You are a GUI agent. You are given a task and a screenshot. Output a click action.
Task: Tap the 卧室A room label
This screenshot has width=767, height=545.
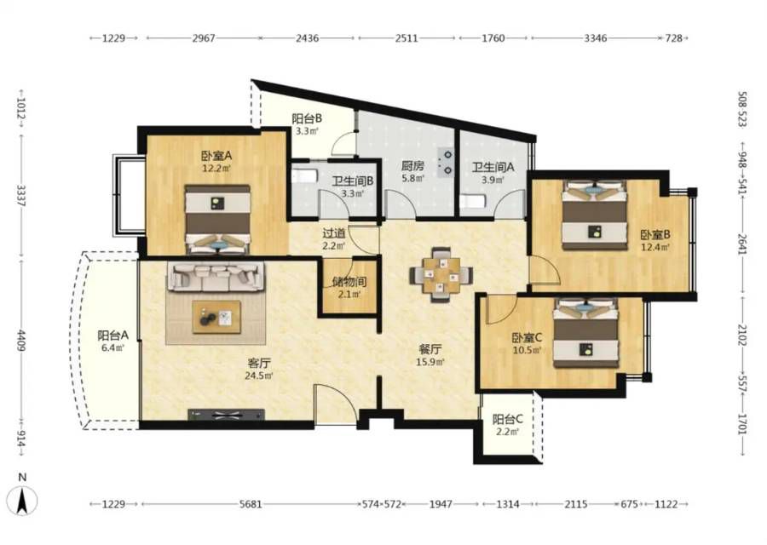coord(216,156)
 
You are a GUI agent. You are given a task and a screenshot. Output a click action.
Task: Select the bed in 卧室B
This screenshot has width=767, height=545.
coord(594,215)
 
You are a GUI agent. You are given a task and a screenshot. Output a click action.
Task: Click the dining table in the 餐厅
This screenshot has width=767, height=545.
coord(441,274)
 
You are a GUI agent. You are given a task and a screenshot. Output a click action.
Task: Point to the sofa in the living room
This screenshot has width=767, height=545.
coord(216,277)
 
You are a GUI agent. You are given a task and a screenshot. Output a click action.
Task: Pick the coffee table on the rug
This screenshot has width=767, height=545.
coord(216,318)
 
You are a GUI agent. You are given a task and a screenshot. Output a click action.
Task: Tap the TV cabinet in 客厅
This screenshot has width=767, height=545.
coord(226,415)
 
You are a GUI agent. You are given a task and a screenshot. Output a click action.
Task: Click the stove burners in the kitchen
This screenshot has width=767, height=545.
coord(447,163)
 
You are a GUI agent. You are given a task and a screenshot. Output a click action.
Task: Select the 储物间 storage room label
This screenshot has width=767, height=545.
coord(349,282)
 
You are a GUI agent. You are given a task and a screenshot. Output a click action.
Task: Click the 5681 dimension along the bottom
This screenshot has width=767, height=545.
coord(251,503)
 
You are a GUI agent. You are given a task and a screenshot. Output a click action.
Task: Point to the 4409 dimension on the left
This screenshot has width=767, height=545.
coord(22,340)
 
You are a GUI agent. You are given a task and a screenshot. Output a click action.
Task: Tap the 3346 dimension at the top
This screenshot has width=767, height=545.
coord(596,37)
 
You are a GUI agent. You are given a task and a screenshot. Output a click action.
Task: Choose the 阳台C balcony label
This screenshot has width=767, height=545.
coord(507,419)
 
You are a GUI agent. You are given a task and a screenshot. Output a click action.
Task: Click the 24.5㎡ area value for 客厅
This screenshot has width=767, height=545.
coord(259,376)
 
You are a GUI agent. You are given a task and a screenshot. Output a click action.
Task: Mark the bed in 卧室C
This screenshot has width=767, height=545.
coord(586,333)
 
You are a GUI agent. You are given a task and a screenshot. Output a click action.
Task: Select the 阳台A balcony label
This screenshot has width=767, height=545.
coord(113,336)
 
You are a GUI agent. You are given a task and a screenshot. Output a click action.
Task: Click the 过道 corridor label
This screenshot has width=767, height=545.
coord(334,233)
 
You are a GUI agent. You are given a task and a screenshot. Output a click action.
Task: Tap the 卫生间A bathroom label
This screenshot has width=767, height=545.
coord(493,167)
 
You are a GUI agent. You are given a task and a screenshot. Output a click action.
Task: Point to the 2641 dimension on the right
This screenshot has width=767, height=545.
coord(742,237)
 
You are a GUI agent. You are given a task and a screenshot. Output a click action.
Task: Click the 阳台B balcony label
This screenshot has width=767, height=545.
coord(307,118)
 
